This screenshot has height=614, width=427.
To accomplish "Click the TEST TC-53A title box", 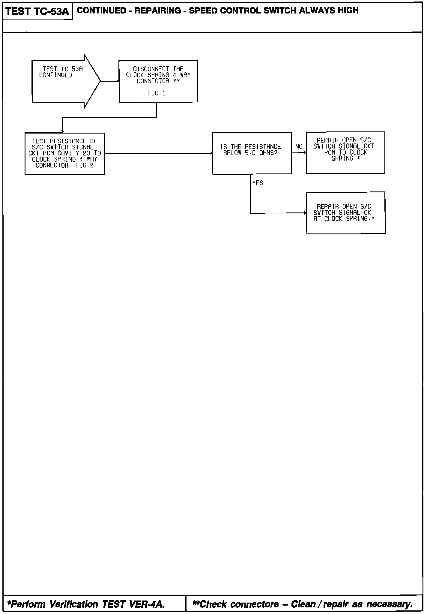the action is [x=37, y=12].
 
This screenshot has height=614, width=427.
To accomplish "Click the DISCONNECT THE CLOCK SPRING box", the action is [x=158, y=81].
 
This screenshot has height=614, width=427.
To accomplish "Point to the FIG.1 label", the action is [x=156, y=93].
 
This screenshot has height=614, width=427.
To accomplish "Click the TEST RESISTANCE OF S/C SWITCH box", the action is [x=64, y=153].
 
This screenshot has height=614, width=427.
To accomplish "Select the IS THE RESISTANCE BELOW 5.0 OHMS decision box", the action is [x=252, y=153].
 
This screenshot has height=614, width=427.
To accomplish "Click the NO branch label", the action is [x=299, y=146].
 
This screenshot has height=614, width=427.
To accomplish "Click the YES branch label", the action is [x=257, y=183].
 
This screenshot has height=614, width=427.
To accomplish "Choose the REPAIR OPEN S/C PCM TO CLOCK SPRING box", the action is [x=345, y=152].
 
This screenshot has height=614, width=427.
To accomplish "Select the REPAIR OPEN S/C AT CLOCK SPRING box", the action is [x=345, y=213].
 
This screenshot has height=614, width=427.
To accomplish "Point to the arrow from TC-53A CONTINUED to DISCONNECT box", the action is [x=110, y=81].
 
